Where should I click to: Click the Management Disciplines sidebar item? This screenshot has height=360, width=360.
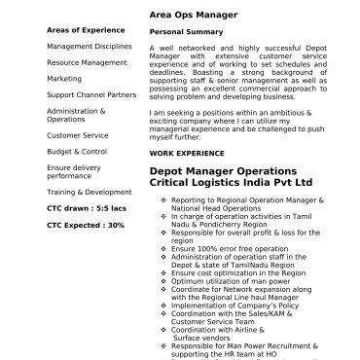pos(89,46)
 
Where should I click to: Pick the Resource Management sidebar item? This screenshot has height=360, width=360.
pos(87,62)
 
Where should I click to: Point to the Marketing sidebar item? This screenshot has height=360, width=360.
pos(64,78)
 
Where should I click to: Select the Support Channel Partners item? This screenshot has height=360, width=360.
pos(91,94)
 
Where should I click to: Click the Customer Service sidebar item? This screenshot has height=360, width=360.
pos(77,135)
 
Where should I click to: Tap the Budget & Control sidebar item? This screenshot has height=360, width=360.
pos(77,151)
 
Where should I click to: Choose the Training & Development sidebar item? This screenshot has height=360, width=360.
pos(89,192)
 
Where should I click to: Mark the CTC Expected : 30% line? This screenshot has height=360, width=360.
pos(86,225)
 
